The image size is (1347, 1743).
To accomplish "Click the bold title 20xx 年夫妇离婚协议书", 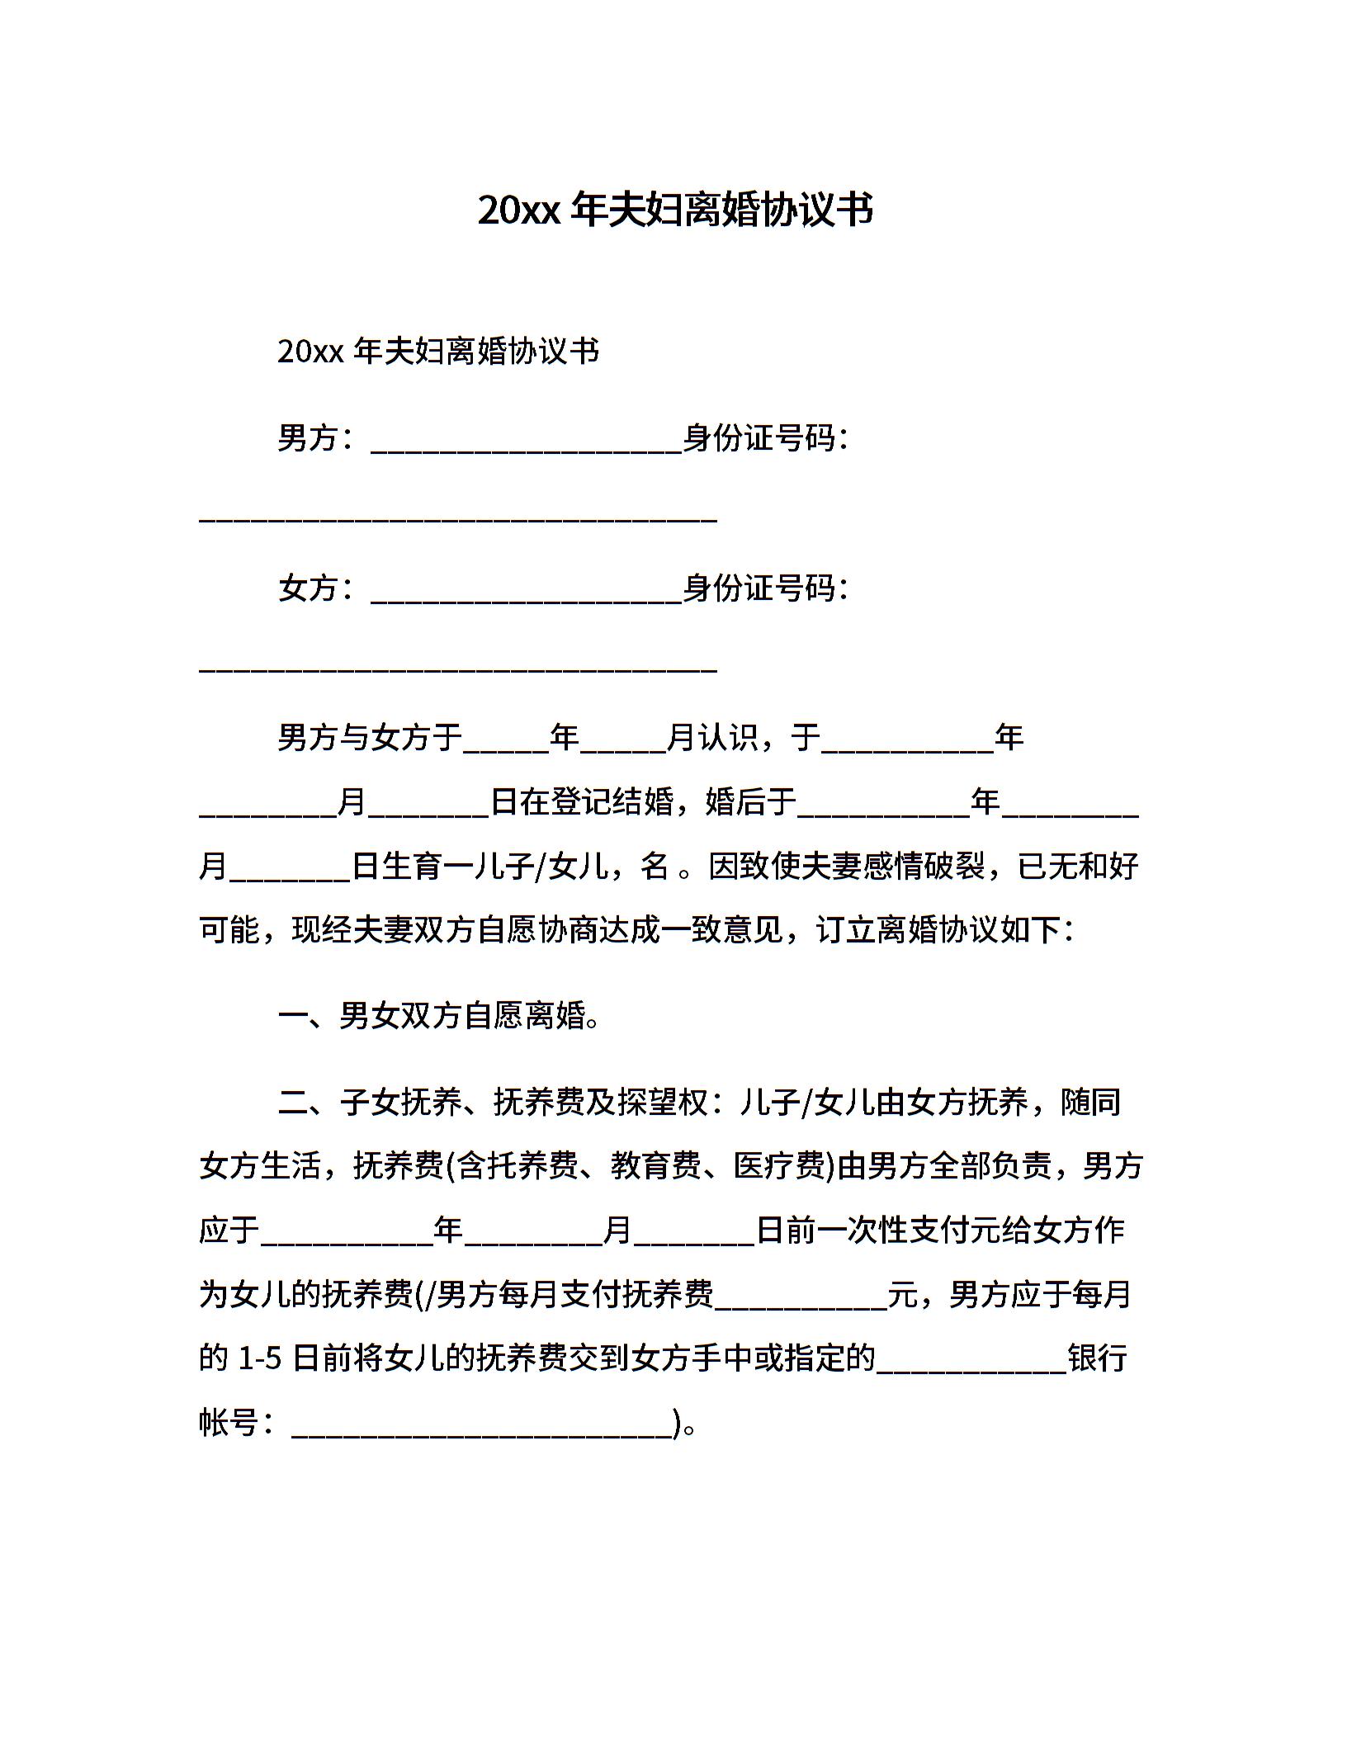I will pyautogui.click(x=674, y=210).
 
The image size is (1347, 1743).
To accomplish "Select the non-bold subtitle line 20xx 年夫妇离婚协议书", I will pyautogui.click(x=438, y=352).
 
